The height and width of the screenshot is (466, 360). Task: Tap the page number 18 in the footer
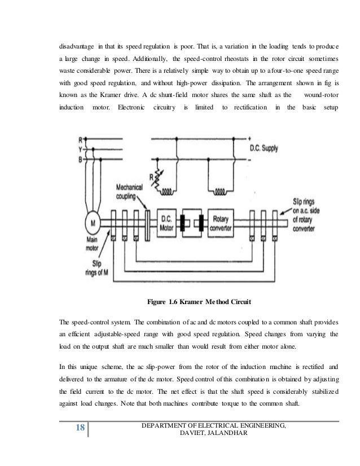coord(80,428)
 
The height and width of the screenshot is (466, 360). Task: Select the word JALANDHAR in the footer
coord(221,432)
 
